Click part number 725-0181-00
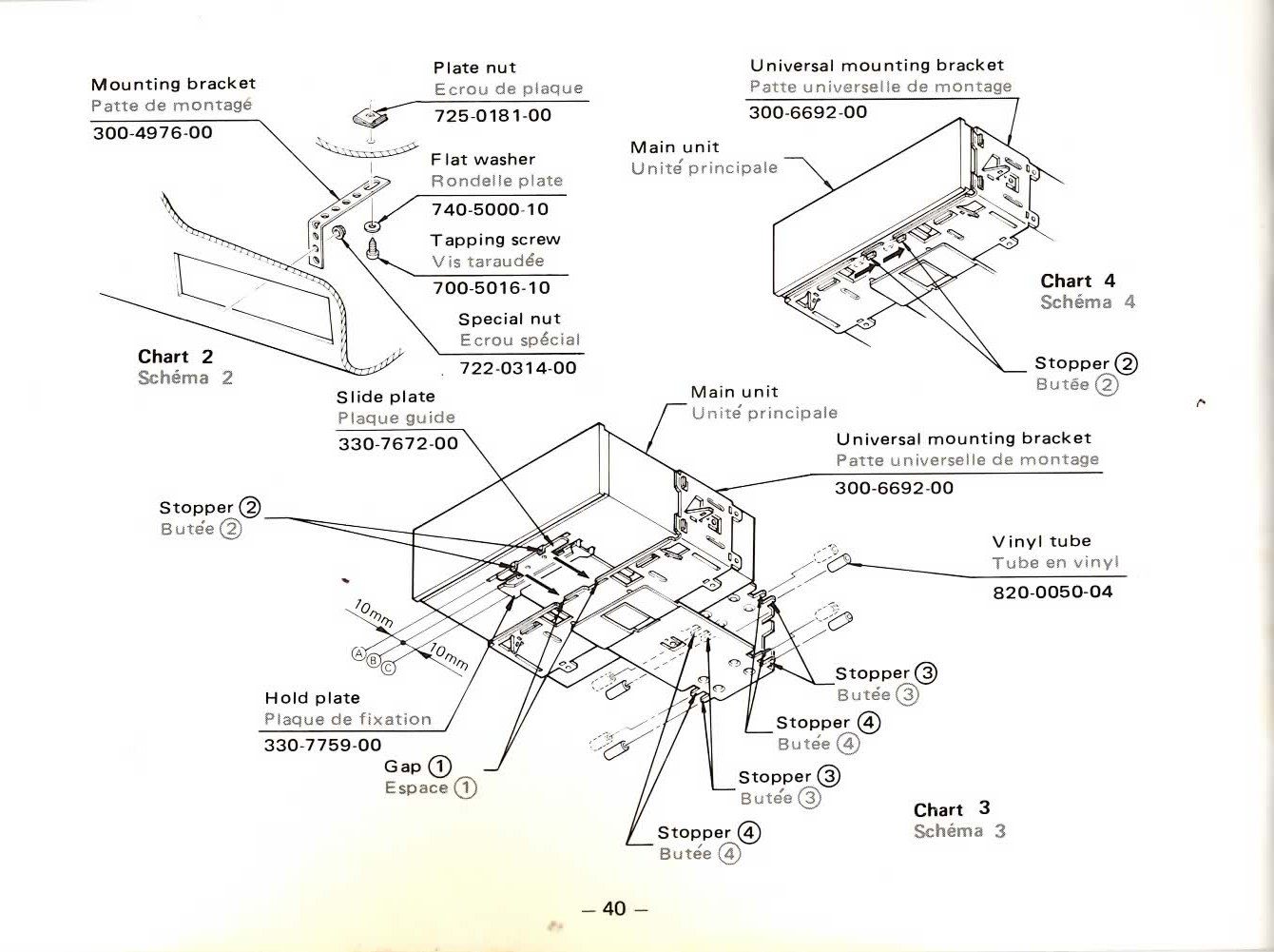click(492, 116)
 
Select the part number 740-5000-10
click(490, 209)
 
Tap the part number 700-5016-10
click(491, 288)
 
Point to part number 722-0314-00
click(517, 368)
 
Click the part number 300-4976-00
click(152, 132)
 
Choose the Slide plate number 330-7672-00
click(397, 443)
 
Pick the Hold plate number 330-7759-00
click(322, 745)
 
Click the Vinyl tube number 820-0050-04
click(1052, 592)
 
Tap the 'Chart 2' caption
click(176, 357)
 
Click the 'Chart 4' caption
click(1078, 281)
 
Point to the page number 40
click(614, 908)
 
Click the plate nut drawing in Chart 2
click(366, 117)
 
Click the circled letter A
click(359, 652)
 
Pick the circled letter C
click(388, 668)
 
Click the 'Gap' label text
click(403, 767)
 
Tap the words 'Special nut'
click(510, 319)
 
